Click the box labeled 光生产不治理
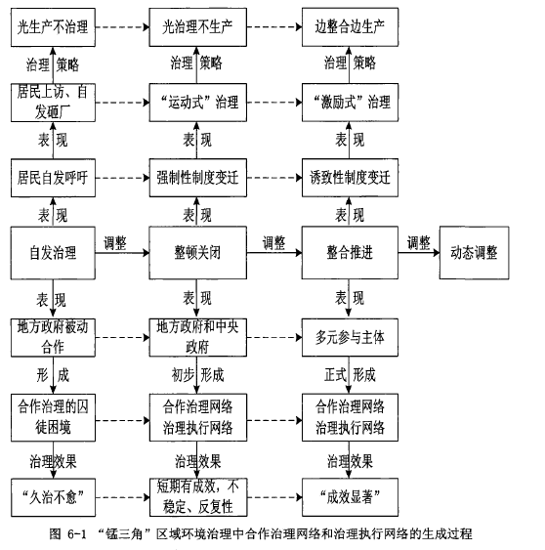[53, 27]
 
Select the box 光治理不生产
[198, 27]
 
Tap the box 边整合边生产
[350, 27]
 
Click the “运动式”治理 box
[198, 103]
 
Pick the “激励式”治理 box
[350, 103]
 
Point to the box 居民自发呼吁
[53, 178]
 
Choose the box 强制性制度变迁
[198, 178]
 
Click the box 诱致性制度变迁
[350, 178]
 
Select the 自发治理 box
[53, 253]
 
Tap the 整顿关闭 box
[198, 253]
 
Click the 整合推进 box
[350, 253]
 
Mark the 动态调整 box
[474, 253]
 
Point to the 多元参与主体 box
[350, 337]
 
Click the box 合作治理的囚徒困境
[53, 417]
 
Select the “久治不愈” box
[53, 497]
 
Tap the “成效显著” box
[350, 497]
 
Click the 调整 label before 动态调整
[418, 242]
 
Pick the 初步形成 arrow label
[197, 375]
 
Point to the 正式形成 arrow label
[350, 375]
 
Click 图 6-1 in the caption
[67, 533]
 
